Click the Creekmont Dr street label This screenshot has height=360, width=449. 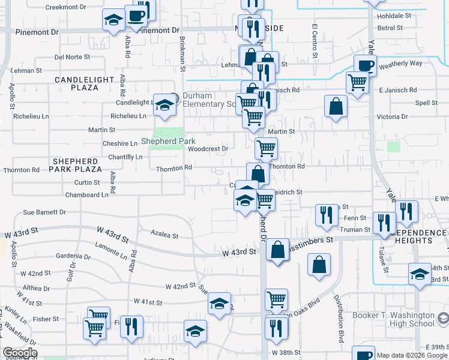point(66,7)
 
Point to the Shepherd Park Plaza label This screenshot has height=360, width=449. point(75,166)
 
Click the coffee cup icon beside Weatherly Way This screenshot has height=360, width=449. point(364,65)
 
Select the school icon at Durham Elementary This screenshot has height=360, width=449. point(164,105)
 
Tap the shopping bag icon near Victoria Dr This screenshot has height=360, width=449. point(336,106)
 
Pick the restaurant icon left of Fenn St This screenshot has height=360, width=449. point(326,215)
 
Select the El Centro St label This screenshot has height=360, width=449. point(314,41)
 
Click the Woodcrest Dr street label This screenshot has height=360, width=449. point(208,149)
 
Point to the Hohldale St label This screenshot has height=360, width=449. point(394,16)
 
